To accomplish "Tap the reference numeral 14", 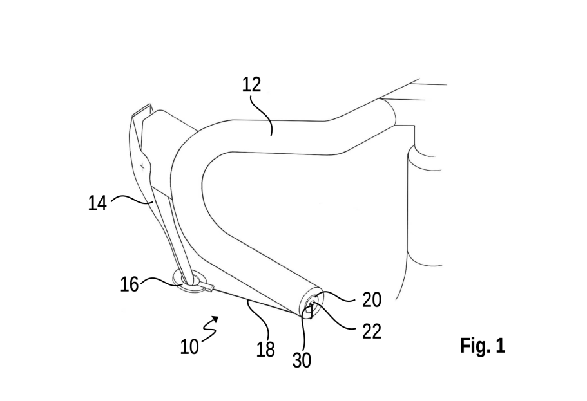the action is click(97, 203).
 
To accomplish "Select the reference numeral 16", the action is click(129, 284).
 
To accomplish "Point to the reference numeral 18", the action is click(265, 350).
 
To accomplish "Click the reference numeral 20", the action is click(371, 300).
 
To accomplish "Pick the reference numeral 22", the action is click(371, 331).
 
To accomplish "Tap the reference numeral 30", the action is click(302, 360).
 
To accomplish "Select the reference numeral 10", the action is click(189, 347).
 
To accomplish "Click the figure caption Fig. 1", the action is click(483, 345).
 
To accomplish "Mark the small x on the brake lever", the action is click(142, 167).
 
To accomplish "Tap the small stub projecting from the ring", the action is click(209, 288).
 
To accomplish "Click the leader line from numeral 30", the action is click(305, 328).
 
